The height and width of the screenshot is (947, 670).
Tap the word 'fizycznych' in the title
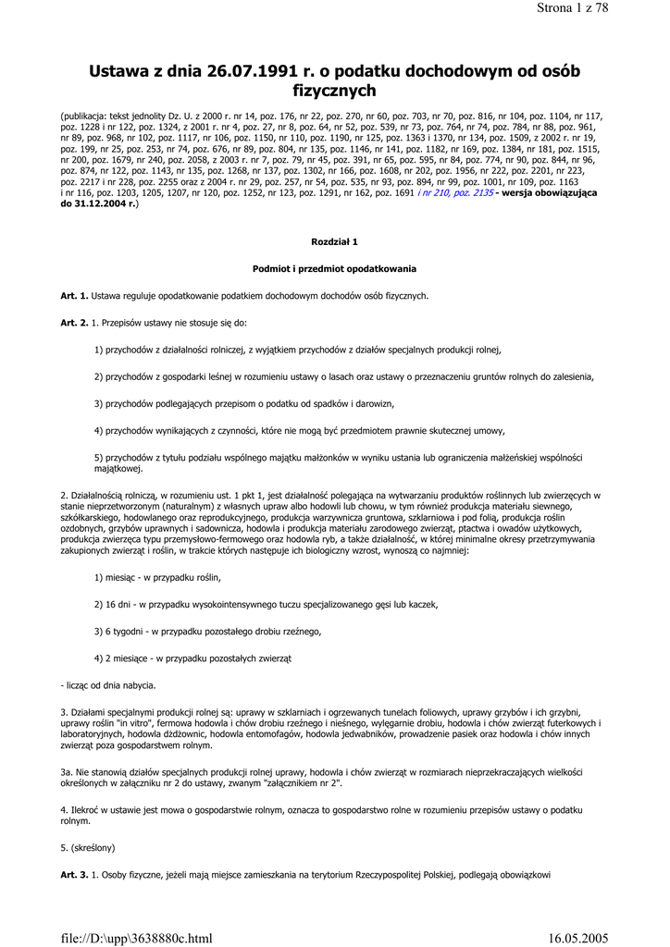pos(334,91)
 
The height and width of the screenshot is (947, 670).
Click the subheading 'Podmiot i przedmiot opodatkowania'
pos(334,268)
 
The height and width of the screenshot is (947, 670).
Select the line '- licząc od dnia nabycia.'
pos(108,685)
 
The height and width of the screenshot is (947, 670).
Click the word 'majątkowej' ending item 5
pos(118,468)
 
